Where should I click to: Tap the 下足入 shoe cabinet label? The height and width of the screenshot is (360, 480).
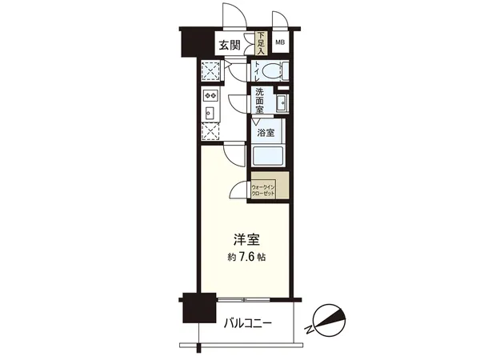coord(261,42)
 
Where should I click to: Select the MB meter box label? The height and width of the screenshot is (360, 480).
coord(281,42)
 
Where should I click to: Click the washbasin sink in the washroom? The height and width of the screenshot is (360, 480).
coord(282,103)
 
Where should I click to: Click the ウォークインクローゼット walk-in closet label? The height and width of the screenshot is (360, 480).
coord(264,190)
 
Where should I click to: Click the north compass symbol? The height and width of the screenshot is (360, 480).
coord(328,320)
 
